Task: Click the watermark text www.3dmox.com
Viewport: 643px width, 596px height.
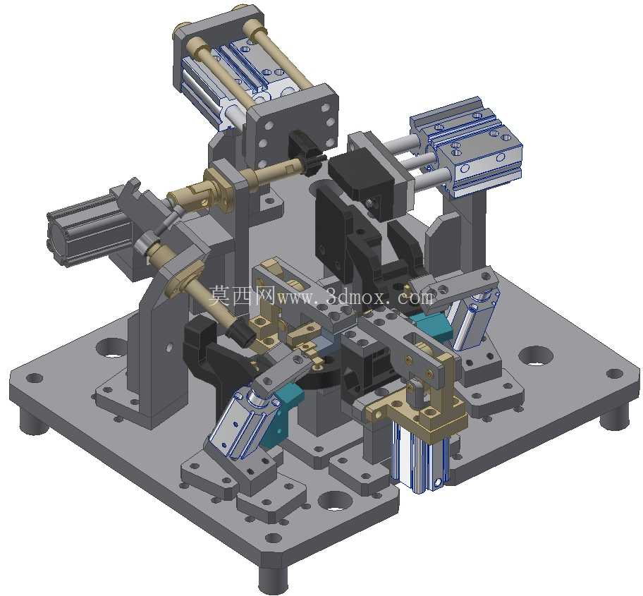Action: pyautogui.click(x=355, y=296)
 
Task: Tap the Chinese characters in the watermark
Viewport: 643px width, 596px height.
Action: pyautogui.click(x=243, y=296)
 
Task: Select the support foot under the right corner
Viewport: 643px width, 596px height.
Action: pyautogui.click(x=613, y=416)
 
